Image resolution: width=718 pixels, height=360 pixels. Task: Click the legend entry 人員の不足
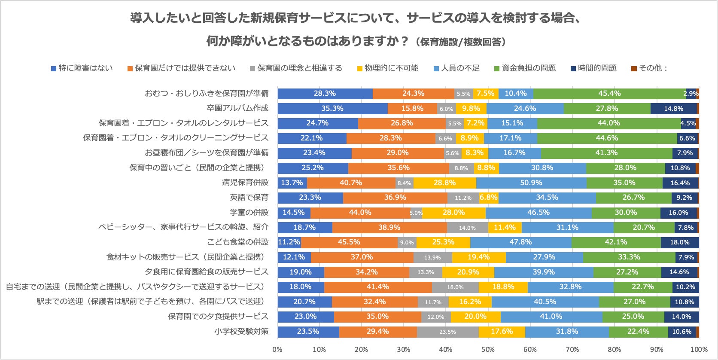[460, 68]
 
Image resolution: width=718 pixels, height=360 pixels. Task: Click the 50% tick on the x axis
[488, 349]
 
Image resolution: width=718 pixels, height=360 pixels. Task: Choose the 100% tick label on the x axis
[699, 349]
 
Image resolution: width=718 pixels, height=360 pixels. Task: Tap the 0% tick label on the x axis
[277, 349]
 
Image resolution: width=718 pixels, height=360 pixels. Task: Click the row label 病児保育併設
[245, 183]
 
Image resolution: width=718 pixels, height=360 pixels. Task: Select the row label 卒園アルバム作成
[237, 108]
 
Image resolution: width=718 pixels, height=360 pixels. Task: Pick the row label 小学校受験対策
[241, 331]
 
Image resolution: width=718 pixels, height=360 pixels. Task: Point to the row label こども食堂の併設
[237, 242]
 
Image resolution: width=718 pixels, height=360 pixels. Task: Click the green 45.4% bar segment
[609, 94]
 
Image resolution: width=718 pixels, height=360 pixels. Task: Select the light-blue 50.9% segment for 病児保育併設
[531, 183]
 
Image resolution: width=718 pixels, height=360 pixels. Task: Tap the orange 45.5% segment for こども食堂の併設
[349, 242]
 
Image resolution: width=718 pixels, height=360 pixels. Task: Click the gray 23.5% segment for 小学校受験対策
[447, 332]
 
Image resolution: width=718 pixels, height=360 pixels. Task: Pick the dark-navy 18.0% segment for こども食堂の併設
[680, 242]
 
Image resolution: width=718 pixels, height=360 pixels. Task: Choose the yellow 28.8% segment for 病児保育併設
[444, 183]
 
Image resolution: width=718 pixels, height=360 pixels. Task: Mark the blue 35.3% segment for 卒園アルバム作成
[332, 108]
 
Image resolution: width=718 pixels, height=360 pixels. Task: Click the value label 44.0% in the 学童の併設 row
[360, 213]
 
